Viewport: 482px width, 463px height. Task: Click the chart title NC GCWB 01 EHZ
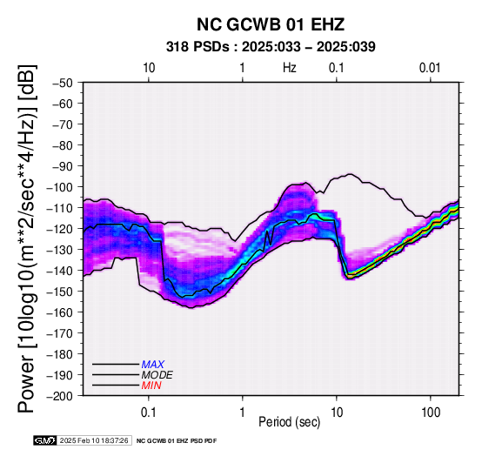pos(271,24)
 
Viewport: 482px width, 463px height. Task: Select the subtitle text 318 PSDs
pos(197,47)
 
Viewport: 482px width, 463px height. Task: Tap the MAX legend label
pos(153,365)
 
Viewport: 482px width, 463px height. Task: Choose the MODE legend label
pos(157,375)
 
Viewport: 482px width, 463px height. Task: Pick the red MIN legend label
pos(151,386)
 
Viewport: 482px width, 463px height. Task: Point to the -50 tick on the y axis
pos(63,83)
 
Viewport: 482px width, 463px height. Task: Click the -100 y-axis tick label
pos(60,187)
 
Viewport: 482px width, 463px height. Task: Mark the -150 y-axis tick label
pos(60,292)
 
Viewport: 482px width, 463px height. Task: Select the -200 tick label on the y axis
pos(60,396)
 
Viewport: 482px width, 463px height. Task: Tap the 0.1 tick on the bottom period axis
pos(149,413)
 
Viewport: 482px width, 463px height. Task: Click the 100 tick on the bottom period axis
pos(431,413)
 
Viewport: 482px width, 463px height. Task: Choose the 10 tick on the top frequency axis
pos(149,68)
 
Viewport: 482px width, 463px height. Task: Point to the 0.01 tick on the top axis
pos(430,68)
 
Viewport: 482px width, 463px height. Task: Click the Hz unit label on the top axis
pos(290,68)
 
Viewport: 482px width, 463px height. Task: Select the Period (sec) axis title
pos(290,422)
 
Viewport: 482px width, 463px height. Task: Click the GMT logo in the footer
pos(45,440)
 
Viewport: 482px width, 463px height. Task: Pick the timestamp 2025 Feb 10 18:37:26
pos(94,440)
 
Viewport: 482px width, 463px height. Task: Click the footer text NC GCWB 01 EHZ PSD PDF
pos(177,441)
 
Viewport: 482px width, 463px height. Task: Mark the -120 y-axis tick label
pos(60,229)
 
